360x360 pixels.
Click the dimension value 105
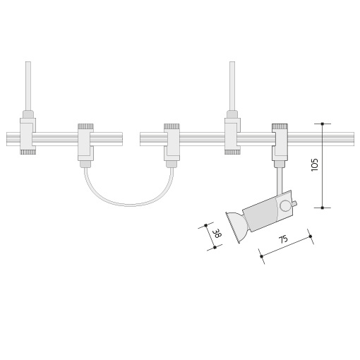coord(315,164)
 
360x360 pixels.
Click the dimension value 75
coord(283,239)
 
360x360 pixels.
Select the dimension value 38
coord(216,234)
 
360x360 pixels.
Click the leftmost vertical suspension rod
coord(28,86)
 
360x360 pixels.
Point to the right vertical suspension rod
coord(232,86)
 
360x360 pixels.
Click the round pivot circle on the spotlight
coord(285,205)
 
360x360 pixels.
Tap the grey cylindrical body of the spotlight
coord(260,215)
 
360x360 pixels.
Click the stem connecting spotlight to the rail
coord(280,181)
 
